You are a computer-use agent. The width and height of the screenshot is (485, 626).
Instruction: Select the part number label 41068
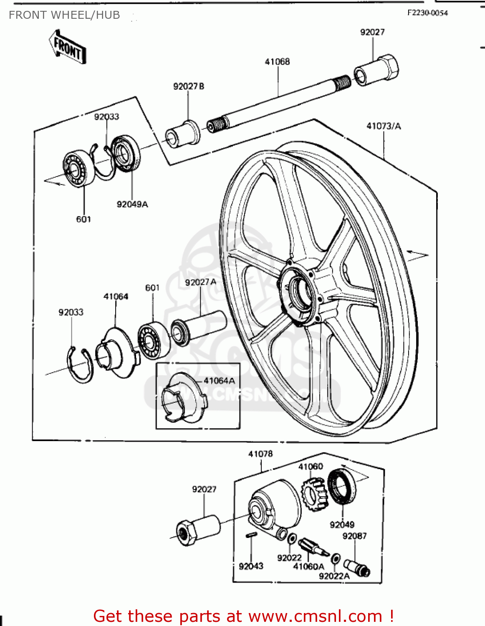277,62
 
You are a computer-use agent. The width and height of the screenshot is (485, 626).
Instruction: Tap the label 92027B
189,86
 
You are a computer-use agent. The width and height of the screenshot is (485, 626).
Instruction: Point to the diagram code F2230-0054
427,13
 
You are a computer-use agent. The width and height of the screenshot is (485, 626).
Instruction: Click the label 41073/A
384,126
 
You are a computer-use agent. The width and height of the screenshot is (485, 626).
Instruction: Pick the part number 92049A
132,204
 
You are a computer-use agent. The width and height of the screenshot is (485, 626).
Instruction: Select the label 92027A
200,283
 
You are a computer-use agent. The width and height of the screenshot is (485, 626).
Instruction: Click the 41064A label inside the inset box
219,381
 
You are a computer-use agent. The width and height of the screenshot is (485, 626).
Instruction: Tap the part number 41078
260,454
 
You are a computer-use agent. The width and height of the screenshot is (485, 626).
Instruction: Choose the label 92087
354,536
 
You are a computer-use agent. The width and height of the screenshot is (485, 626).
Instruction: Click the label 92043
251,566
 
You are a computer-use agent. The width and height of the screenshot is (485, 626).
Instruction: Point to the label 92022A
334,576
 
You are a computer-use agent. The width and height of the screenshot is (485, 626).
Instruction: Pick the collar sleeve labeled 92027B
183,134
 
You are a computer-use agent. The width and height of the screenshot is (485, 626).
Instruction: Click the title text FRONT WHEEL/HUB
64,15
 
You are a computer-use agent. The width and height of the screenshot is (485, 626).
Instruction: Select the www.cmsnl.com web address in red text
315,616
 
